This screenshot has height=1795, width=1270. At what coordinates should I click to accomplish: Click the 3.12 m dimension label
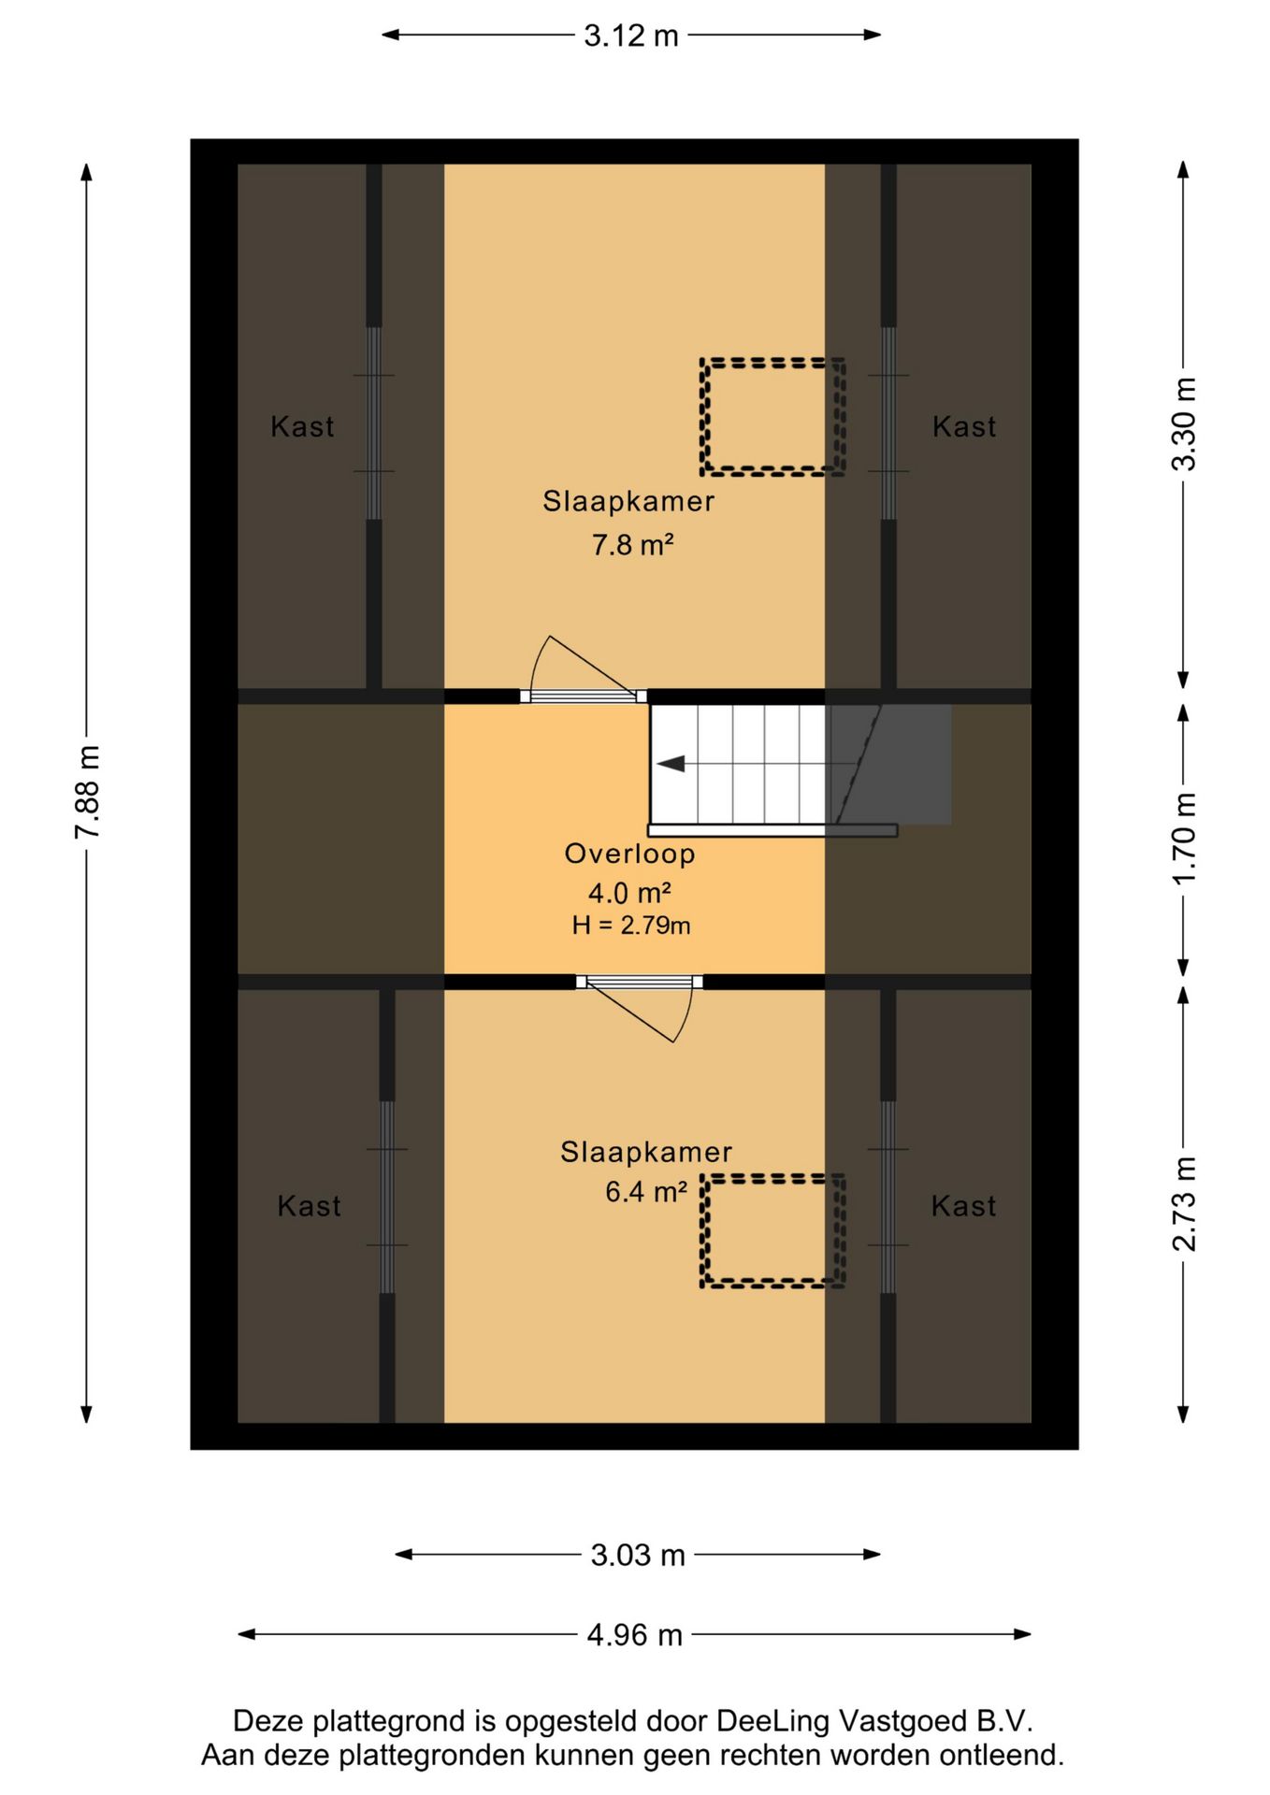coord(631,36)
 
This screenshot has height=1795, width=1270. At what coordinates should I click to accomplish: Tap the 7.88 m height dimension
coord(87,792)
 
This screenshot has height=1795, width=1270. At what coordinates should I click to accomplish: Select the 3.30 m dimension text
coord(1184,424)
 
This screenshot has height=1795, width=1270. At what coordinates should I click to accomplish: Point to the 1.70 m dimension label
coord(1184,839)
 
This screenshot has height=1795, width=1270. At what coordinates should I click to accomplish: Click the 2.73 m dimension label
coord(1184,1203)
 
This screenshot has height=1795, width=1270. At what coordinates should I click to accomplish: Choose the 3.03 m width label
coord(638,1555)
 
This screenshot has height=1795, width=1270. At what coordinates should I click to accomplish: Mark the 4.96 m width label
coord(634,1634)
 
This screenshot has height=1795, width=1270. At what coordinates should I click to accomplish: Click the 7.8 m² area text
coord(633,544)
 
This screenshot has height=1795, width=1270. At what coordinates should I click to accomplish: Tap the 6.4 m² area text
coord(646,1192)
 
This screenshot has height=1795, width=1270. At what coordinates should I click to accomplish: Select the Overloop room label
coord(630,854)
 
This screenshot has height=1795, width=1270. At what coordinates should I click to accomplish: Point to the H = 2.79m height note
coord(631,926)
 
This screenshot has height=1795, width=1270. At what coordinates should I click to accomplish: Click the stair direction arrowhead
coord(671,764)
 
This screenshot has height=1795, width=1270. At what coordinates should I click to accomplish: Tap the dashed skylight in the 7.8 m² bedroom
coord(773,417)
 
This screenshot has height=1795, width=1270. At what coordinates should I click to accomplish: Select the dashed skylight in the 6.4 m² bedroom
coord(773,1231)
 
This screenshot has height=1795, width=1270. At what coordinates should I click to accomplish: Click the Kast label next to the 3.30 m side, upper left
coord(302,426)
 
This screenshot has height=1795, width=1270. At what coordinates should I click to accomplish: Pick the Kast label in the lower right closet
coord(963,1206)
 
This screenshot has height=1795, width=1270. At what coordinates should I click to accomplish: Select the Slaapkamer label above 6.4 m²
coord(646,1152)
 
